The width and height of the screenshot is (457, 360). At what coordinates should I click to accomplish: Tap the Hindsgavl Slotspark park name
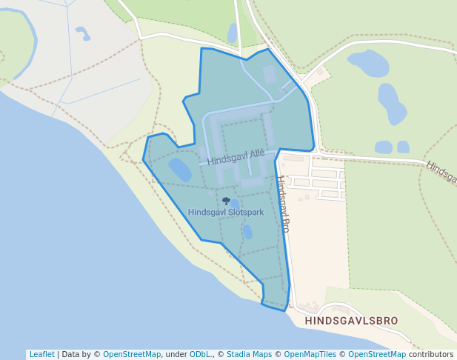pos(226,212)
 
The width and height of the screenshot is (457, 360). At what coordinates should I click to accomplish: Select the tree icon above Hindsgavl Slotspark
pos(226,200)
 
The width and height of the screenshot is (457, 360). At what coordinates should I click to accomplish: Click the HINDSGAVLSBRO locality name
pos(351,321)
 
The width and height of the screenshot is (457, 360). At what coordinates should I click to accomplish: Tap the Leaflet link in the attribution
pos(41,354)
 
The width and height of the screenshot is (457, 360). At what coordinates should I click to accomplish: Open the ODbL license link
pos(201,354)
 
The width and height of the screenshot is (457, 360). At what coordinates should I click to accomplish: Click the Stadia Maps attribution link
pos(249,354)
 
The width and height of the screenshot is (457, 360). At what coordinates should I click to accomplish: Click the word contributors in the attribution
pos(431,354)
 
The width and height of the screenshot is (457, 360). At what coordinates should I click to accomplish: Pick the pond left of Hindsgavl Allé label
pos(180,169)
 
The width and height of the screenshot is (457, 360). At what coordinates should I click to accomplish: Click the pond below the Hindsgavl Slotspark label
pos(247,232)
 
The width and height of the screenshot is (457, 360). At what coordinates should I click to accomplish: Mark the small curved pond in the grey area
pos(82,33)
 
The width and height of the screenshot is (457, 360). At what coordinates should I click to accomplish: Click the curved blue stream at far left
pos(30,44)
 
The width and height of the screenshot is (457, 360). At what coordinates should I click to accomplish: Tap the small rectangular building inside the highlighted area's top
pos(269,74)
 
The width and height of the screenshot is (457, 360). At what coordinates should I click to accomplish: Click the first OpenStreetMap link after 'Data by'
pos(132,354)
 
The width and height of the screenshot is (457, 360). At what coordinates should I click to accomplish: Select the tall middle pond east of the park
pos(391,103)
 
